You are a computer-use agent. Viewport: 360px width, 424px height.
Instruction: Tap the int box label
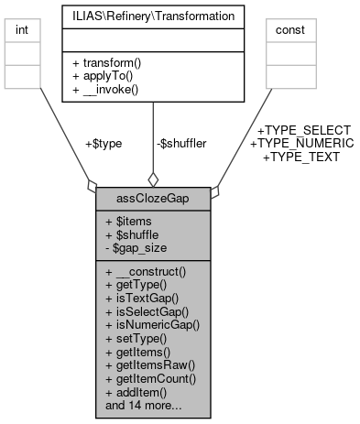pyautogui.click(x=22, y=31)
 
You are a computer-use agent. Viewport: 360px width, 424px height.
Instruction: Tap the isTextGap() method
pyautogui.click(x=140, y=298)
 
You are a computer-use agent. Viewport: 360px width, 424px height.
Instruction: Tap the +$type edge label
pyautogui.click(x=103, y=143)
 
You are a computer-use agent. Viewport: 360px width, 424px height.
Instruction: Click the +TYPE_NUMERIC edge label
pyautogui.click(x=301, y=144)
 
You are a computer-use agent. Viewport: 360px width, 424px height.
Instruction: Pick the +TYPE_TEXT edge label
pyautogui.click(x=301, y=157)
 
